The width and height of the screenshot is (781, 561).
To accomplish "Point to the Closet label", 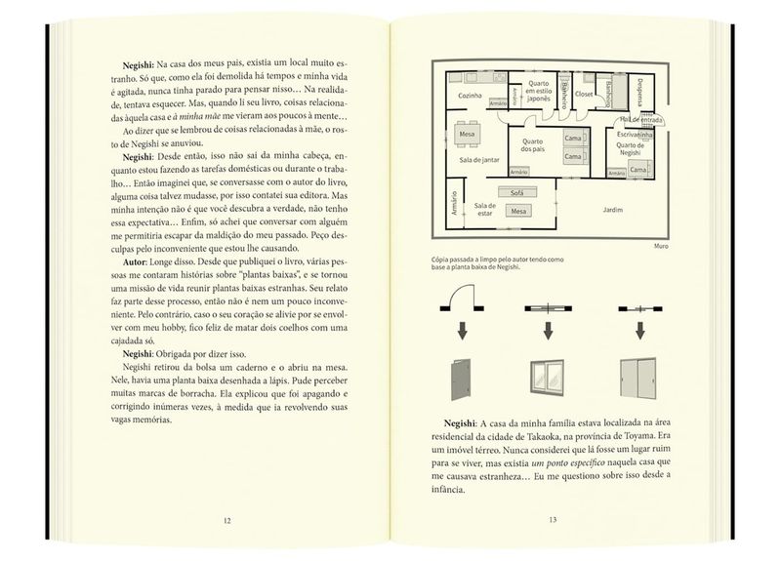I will coord(586,94).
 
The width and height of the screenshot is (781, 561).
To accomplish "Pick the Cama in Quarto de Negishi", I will coord(638,170).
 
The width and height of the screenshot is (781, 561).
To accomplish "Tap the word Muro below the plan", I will coord(659,246).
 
